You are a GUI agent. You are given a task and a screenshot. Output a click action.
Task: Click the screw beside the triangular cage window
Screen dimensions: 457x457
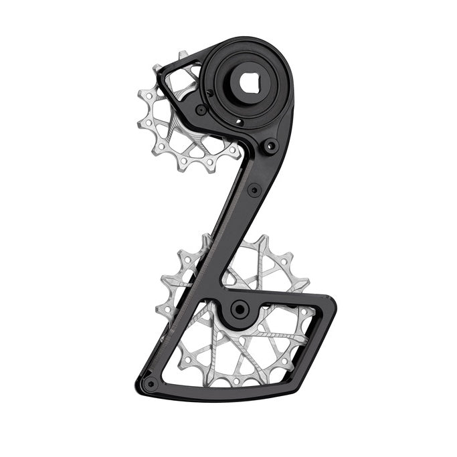pos(201,110)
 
